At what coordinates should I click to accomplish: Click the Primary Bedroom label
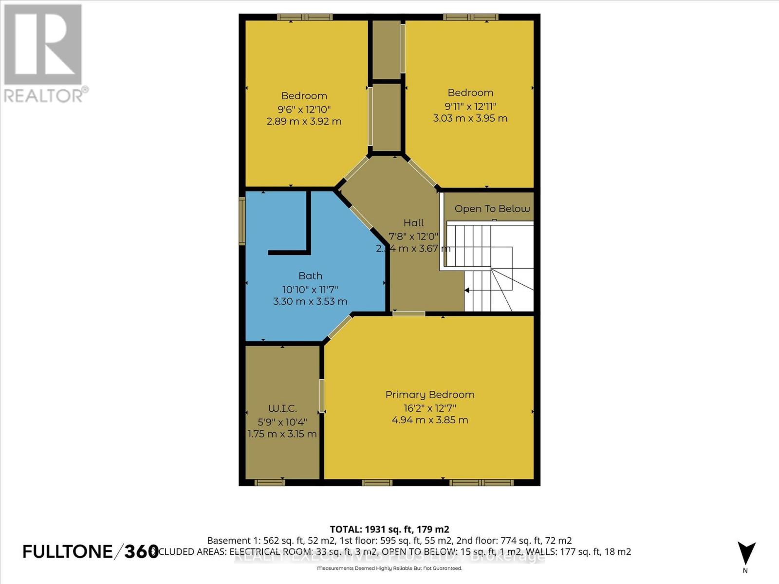429,395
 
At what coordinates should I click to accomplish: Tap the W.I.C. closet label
282,409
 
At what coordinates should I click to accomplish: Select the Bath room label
310,276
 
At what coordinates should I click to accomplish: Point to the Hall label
413,223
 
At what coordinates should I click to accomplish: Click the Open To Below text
492,209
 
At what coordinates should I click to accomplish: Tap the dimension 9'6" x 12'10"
304,109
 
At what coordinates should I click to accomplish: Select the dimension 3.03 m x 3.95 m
470,118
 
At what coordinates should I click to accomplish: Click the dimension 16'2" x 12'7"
429,408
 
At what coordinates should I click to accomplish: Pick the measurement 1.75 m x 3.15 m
282,434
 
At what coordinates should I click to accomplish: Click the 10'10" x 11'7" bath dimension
310,289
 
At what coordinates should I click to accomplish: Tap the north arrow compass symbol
746,554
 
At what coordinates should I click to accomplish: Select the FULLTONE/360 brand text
91,551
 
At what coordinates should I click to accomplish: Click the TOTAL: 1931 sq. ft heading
389,529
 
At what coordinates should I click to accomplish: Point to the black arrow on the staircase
466,291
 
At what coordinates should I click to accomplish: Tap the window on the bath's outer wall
242,221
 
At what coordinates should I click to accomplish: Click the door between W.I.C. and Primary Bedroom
322,395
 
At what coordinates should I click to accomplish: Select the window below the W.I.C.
269,482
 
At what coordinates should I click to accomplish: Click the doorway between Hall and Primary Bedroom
408,314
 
